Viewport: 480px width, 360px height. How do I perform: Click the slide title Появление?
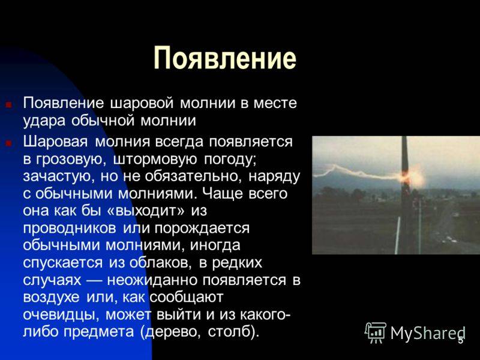pos(225,58)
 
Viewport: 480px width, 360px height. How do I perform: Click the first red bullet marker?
pos(8,104)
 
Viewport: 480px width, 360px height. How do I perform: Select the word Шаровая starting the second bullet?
pos(54,142)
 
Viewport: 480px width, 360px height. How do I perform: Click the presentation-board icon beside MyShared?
pos(376,332)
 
